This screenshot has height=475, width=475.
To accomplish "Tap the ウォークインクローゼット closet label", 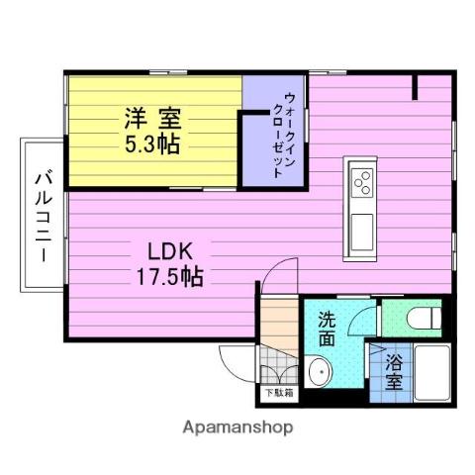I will pyautogui.click(x=283, y=134).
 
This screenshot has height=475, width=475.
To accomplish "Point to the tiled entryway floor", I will pyautogui.click(x=277, y=369).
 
